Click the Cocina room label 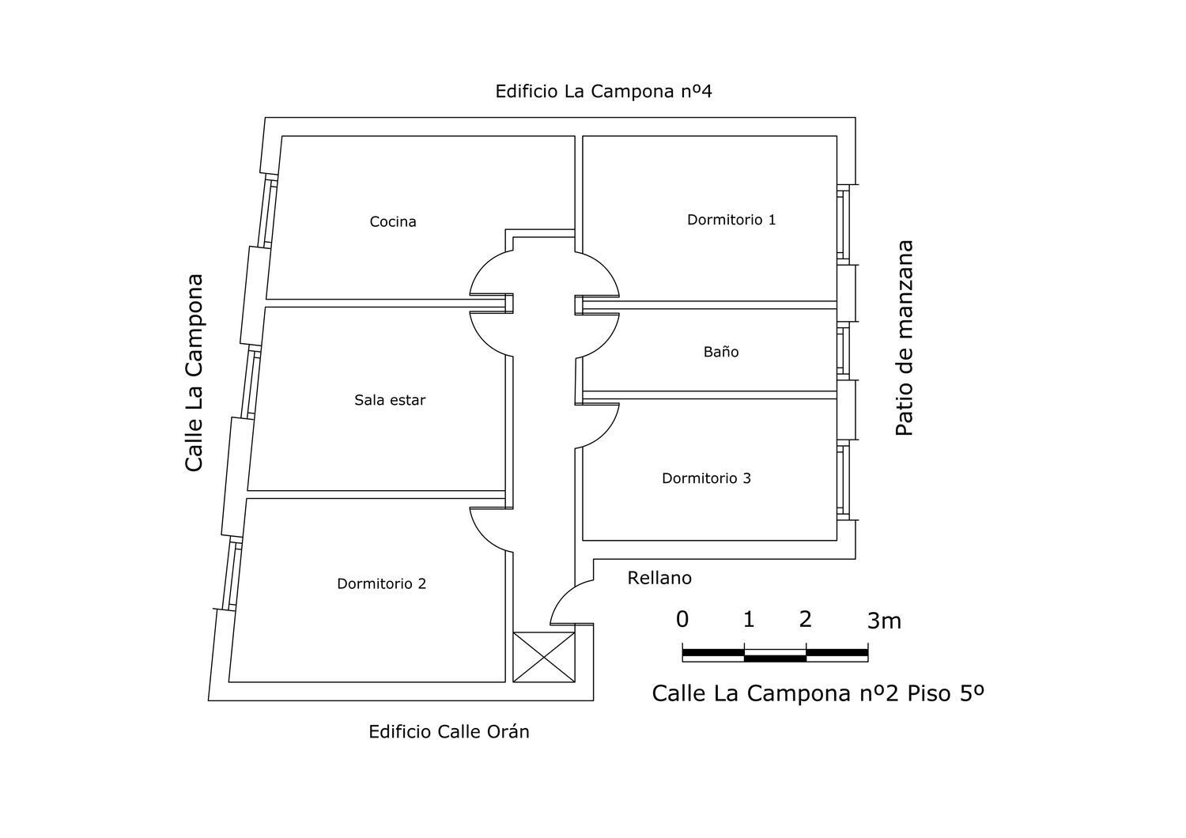(393, 221)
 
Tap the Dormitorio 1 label (731, 220)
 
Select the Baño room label (721, 352)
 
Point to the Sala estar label (390, 400)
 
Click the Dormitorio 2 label (381, 583)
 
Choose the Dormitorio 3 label (706, 478)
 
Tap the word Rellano (659, 578)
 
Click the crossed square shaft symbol (544, 657)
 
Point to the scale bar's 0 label (682, 619)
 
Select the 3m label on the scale (884, 621)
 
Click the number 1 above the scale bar (749, 619)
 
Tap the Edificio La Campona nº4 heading (603, 91)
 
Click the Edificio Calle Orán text (449, 731)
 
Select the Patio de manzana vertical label (904, 338)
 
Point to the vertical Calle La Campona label (194, 372)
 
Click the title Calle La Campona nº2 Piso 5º (818, 693)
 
